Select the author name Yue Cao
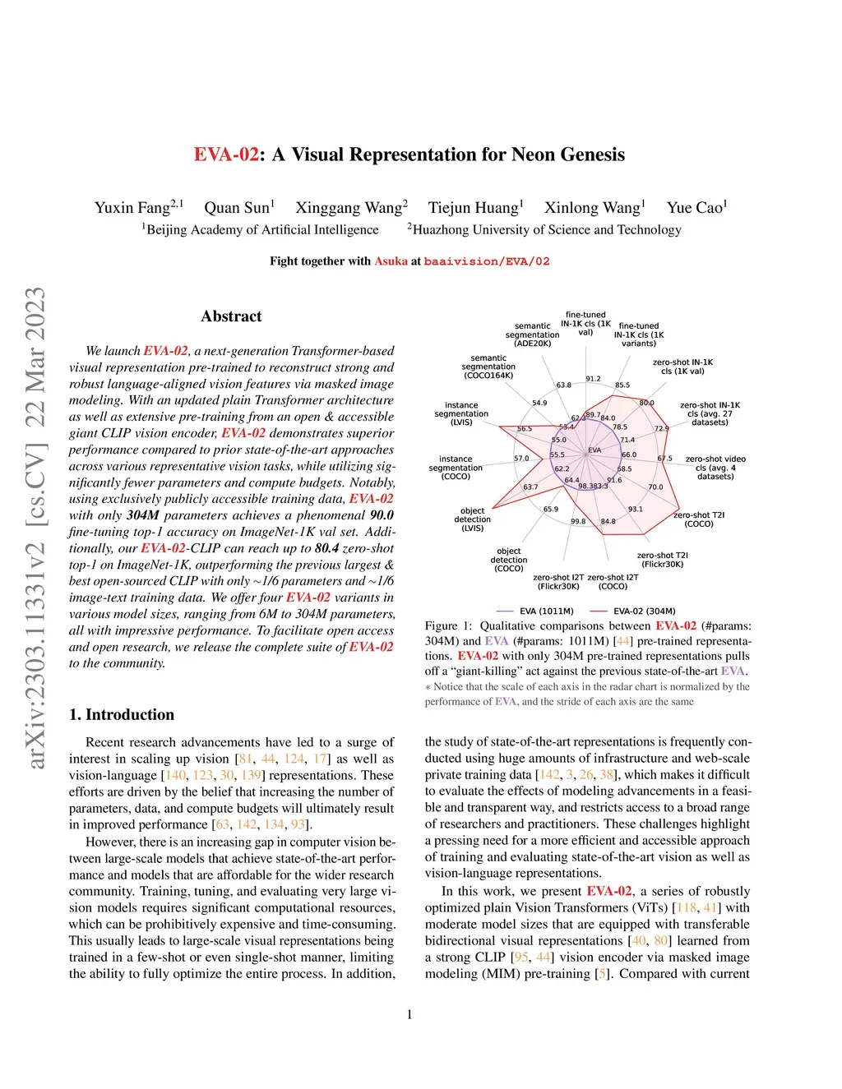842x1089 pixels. pyautogui.click(x=696, y=208)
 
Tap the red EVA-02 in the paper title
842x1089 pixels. pyautogui.click(x=226, y=155)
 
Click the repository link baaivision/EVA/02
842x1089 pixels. pyautogui.click(x=487, y=261)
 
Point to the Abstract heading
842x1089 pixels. pyautogui.click(x=231, y=316)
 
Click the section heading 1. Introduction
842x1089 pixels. pyautogui.click(x=122, y=714)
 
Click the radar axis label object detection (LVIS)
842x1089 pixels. pyautogui.click(x=473, y=519)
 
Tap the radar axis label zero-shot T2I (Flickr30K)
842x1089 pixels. pyautogui.click(x=663, y=560)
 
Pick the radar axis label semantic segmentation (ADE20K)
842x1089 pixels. pyautogui.click(x=532, y=335)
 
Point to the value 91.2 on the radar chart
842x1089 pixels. pyautogui.click(x=593, y=379)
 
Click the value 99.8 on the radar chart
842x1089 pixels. pyautogui.click(x=578, y=521)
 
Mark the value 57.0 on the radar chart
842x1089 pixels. pyautogui.click(x=521, y=459)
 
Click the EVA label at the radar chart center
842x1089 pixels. pyautogui.click(x=594, y=450)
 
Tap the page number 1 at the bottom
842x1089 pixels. pyautogui.click(x=409, y=1014)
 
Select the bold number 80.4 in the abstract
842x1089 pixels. pyautogui.click(x=326, y=548)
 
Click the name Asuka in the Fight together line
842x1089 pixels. pyautogui.click(x=391, y=261)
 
